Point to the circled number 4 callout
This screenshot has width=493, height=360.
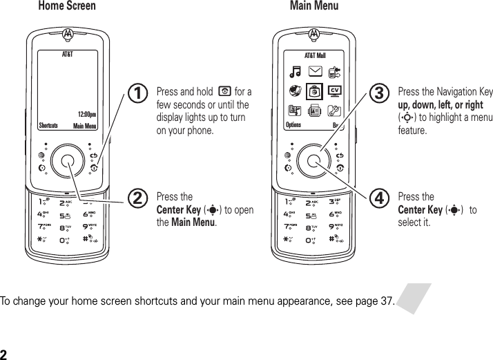(x=378, y=199)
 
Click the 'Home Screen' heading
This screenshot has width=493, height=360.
(x=68, y=6)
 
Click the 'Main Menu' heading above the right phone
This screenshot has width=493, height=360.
(x=314, y=6)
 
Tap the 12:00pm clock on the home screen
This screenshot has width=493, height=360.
(x=86, y=115)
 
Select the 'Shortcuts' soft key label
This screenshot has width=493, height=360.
(x=49, y=126)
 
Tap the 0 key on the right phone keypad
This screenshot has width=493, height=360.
(x=314, y=240)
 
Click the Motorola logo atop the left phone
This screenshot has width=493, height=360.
(x=68, y=32)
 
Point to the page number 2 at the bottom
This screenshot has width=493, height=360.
(x=4, y=354)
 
